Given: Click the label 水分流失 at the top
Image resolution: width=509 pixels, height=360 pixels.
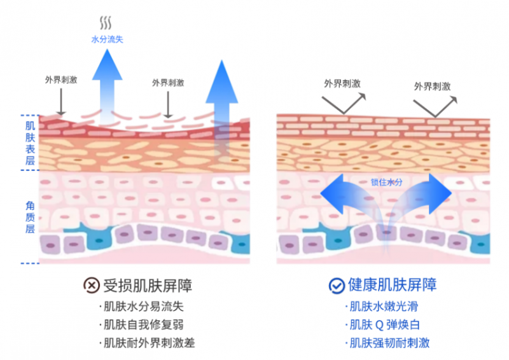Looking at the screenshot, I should point(107,39).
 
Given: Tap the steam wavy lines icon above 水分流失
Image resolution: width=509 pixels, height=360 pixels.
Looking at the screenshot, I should point(106,24).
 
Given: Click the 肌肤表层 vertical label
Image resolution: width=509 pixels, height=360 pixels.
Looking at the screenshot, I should point(29,143).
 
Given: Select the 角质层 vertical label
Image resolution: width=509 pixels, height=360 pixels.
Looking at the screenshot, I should point(29,216).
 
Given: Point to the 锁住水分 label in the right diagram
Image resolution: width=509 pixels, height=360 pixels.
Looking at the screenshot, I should point(386,181).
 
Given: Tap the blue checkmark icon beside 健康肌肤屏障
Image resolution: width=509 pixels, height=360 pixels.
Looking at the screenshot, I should point(336,285).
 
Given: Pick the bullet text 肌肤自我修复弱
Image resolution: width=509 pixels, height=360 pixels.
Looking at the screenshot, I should point(143,324).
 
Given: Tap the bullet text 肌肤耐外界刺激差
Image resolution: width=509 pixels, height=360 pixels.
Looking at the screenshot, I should point(149,343).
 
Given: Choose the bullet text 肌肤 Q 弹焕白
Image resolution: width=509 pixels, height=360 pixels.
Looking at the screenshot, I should point(384,324).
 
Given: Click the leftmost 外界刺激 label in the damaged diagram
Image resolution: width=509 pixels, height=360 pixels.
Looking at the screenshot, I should point(60,80).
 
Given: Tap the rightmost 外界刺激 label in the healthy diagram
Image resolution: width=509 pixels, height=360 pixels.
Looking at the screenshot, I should point(432,86).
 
